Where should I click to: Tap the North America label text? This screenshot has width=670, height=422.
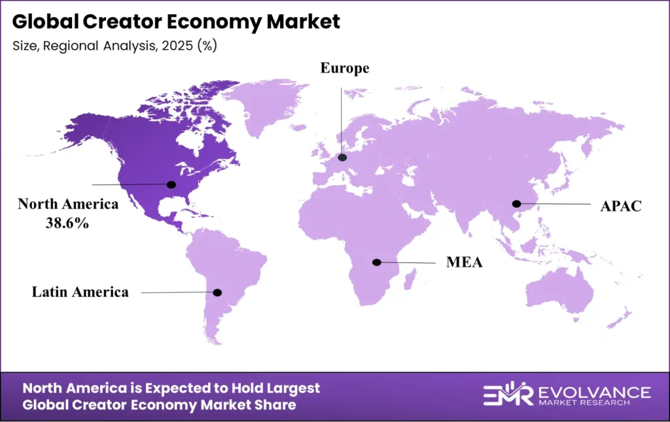point(69,204)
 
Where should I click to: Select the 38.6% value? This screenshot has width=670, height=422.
point(69,222)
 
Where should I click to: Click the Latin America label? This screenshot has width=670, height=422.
point(80,292)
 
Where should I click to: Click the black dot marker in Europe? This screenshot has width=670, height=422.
point(342,158)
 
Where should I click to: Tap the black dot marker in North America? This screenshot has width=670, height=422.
point(172,185)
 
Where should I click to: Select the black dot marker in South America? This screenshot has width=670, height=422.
point(219,292)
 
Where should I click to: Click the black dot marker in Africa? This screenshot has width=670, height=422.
point(377,262)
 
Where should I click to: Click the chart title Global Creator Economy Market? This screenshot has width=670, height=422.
point(176,22)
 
